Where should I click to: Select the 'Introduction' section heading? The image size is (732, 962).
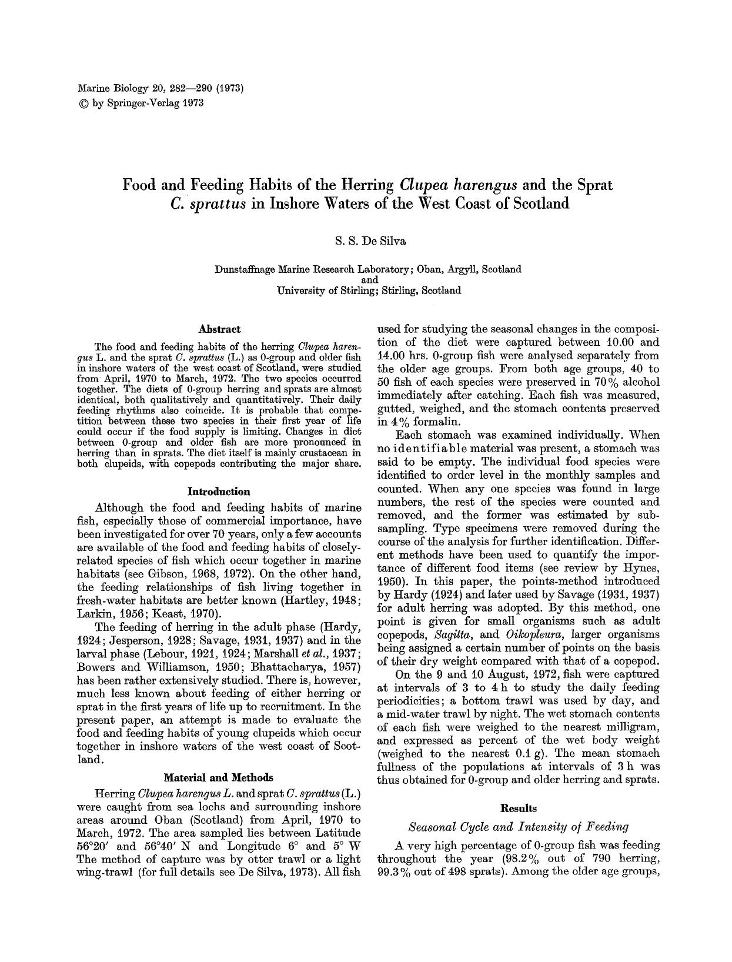pyautogui.click(x=219, y=491)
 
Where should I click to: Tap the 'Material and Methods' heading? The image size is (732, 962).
pyautogui.click(x=218, y=777)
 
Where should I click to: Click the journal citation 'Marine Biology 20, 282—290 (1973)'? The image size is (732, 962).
pyautogui.click(x=161, y=89)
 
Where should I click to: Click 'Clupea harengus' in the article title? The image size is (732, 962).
pyautogui.click(x=459, y=185)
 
